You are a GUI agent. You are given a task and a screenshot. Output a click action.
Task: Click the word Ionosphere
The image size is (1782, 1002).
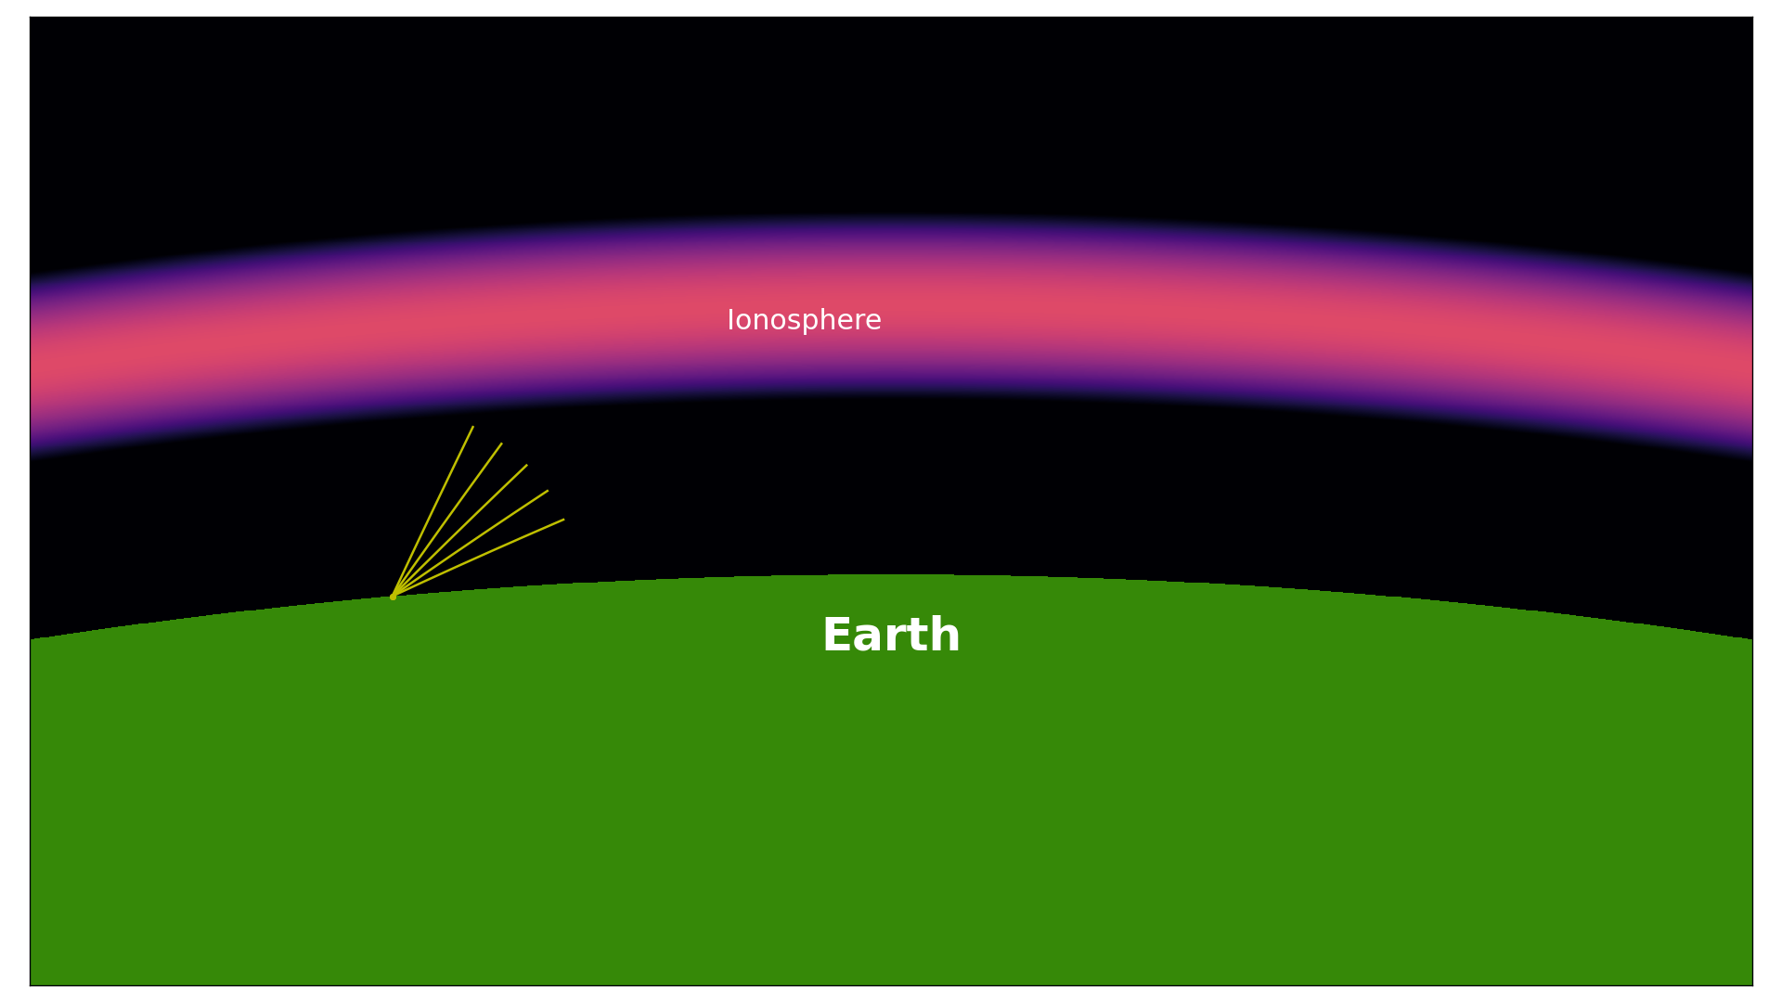804,321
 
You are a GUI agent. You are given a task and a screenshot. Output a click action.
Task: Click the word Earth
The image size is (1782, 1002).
891,636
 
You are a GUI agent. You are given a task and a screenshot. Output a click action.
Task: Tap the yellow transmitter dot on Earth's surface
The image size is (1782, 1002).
393,597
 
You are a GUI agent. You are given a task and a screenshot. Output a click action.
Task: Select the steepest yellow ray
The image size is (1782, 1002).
433,511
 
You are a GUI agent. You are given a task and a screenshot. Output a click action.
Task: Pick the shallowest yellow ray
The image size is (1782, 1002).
478,558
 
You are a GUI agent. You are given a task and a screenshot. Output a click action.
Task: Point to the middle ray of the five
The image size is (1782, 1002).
460,531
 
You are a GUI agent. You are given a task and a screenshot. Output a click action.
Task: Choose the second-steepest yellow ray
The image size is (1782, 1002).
447,520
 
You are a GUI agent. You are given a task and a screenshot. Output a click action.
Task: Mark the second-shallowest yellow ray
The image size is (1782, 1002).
471,544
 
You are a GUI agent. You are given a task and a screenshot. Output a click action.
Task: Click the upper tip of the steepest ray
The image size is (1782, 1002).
473,427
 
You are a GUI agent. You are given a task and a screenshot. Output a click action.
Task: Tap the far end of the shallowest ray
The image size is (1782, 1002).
563,520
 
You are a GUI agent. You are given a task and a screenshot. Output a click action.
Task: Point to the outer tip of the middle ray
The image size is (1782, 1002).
527,465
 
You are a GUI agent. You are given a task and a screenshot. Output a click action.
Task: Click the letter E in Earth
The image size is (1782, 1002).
837,636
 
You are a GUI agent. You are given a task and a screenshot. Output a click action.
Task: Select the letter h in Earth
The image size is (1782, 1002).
946,636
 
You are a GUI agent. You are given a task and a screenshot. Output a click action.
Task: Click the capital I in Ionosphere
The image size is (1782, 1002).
730,320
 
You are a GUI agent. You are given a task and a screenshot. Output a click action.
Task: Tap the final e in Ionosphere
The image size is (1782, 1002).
873,323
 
